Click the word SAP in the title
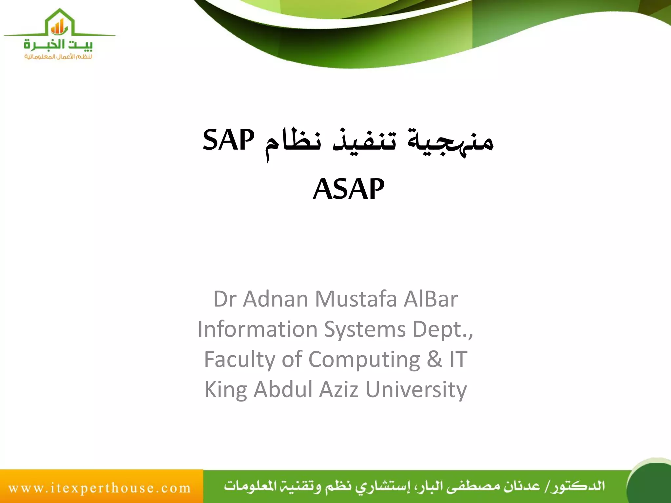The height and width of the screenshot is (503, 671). point(228,140)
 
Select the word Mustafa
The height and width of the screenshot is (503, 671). point(356,299)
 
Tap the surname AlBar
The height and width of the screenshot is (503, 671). point(431,299)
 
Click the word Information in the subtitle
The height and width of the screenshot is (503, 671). point(258,329)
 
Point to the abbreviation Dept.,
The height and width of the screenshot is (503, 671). point(443,329)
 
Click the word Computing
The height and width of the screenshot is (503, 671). point(364,360)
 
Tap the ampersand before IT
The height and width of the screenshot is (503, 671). point(434,359)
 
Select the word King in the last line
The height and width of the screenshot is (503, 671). point(225,390)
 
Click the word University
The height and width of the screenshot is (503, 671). point(416,390)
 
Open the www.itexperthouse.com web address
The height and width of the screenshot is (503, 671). point(100,488)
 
